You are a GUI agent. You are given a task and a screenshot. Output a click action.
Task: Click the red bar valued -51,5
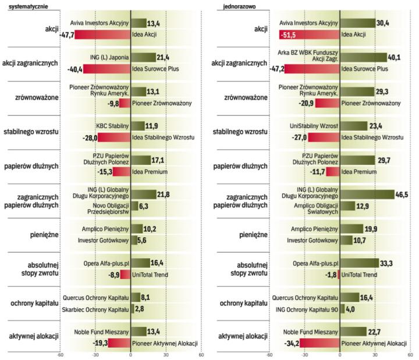pos(309,35)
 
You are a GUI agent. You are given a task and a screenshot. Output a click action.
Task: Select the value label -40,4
pos(75,69)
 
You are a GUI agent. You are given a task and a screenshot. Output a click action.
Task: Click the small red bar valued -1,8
pos(339,274)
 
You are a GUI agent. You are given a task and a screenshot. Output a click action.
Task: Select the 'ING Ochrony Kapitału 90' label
pos(307,309)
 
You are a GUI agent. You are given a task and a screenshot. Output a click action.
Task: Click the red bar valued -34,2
pos(320,343)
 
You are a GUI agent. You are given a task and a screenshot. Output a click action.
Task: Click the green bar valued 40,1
pos(364,57)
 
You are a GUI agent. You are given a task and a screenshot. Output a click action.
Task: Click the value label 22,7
pos(375,331)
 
